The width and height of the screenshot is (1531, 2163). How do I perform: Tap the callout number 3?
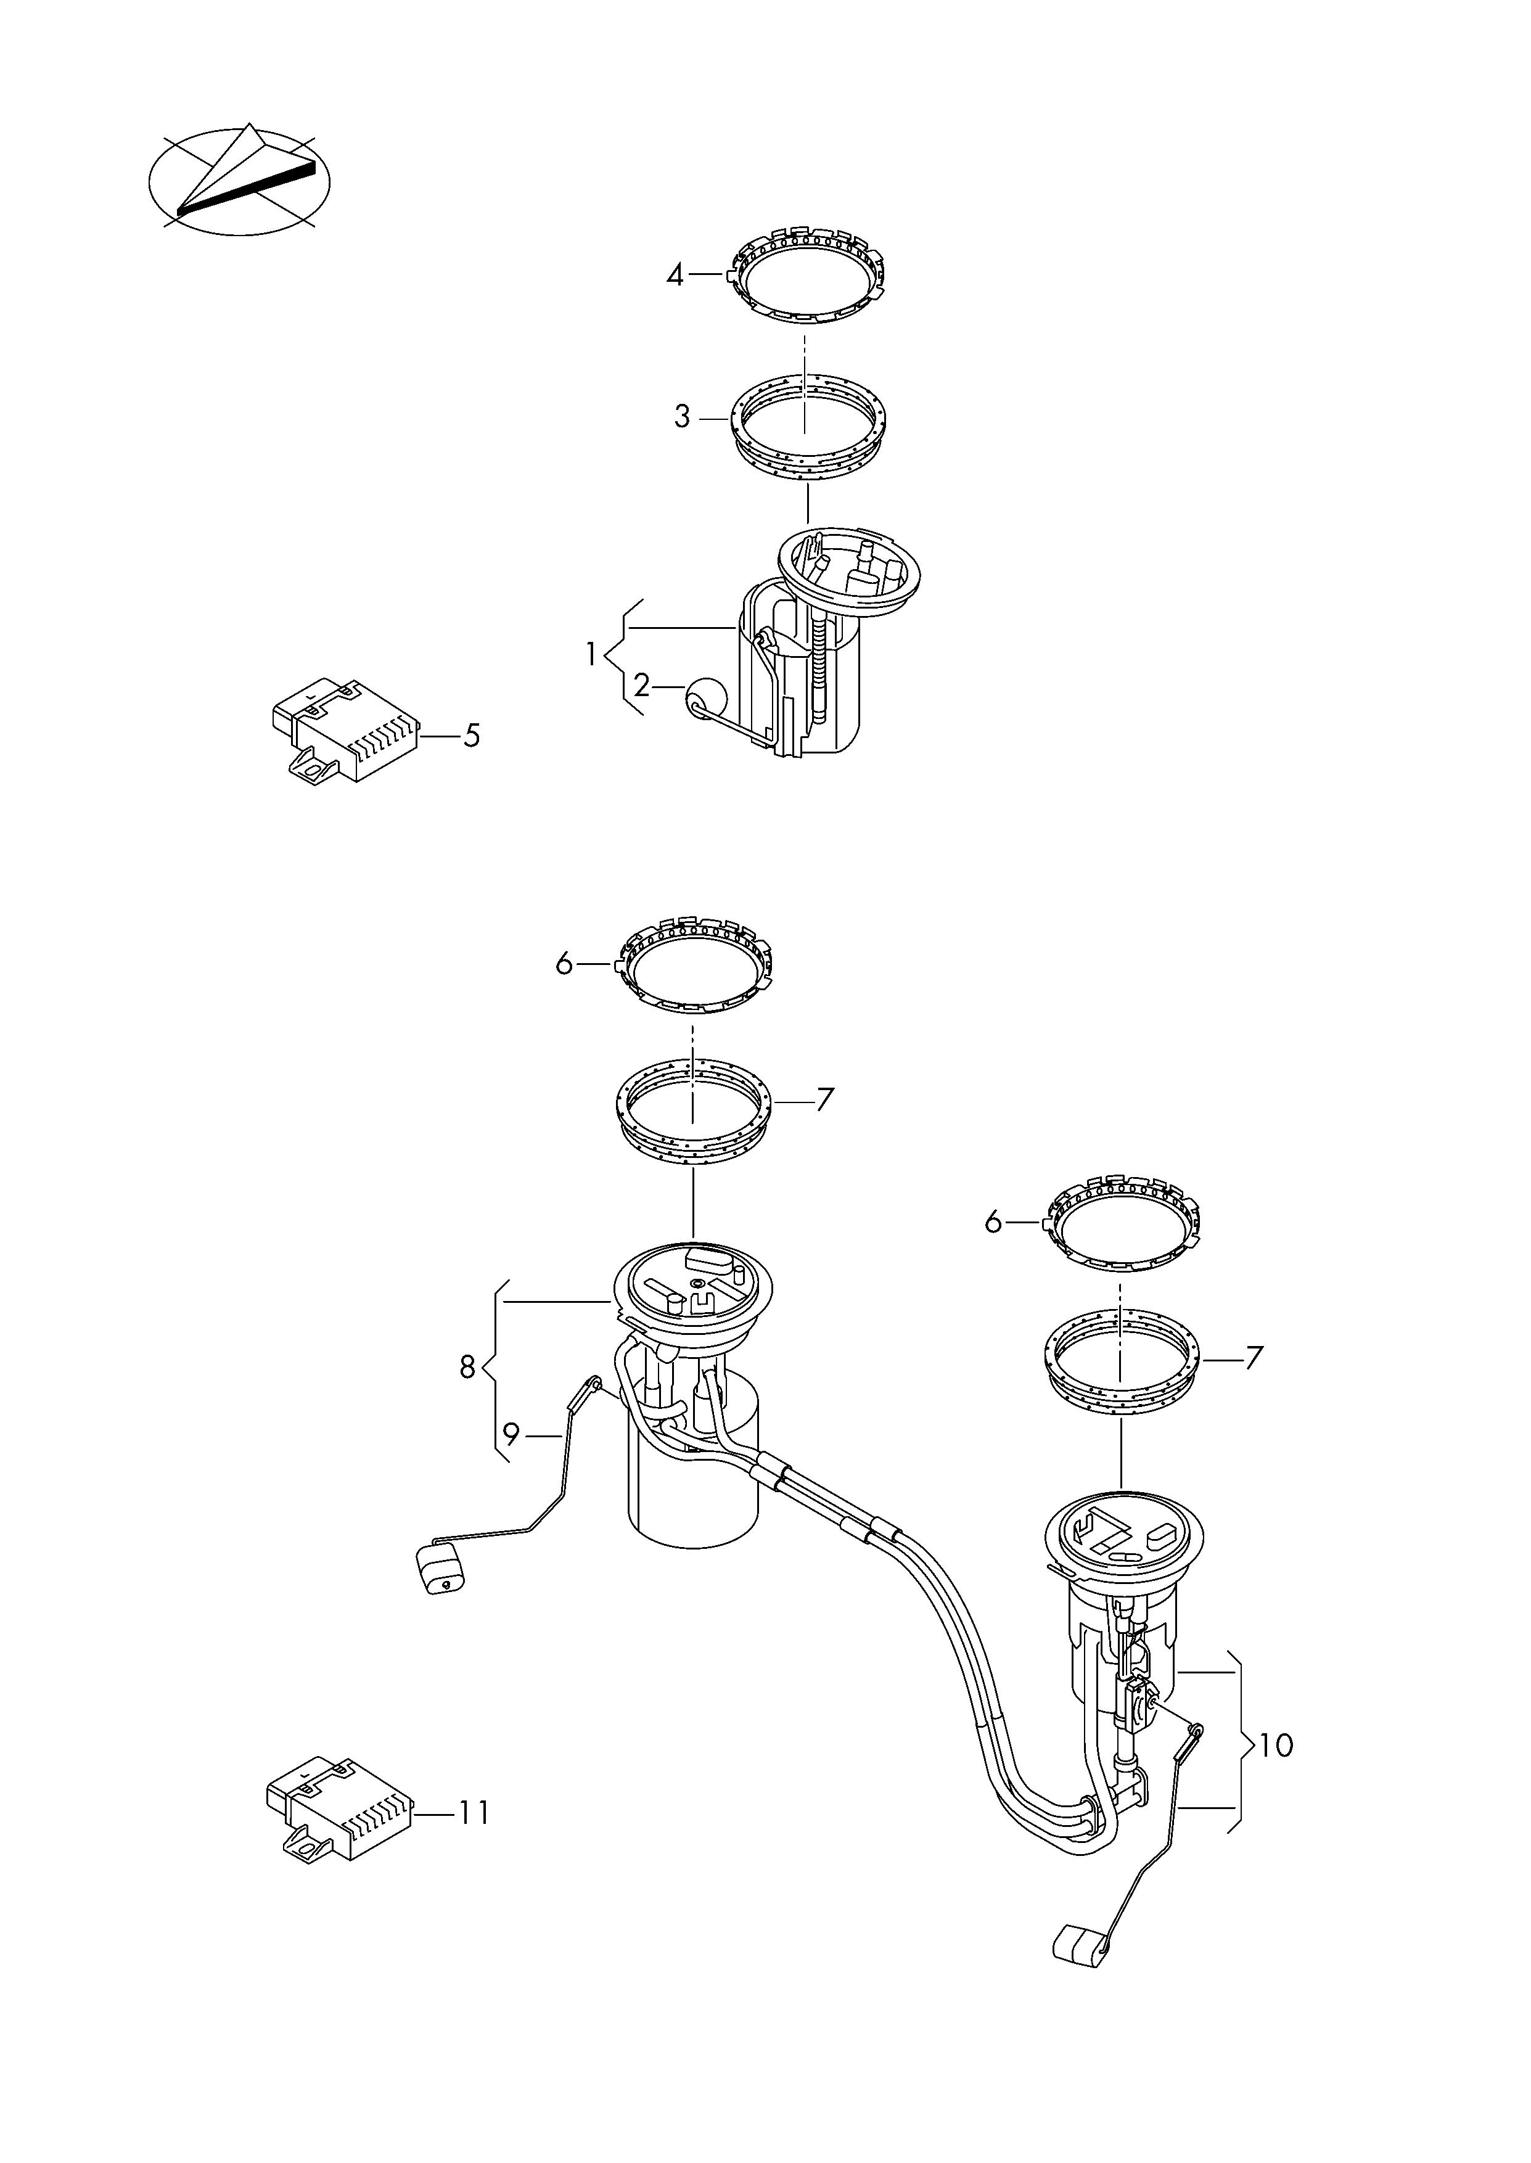(x=681, y=417)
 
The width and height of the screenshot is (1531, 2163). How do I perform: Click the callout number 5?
(x=471, y=735)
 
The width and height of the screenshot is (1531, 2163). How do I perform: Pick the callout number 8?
(x=467, y=1366)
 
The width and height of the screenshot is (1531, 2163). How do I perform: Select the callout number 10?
(x=1276, y=1746)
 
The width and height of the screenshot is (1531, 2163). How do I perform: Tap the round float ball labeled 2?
(x=707, y=699)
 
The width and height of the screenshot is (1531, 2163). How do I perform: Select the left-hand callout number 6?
(x=564, y=964)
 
